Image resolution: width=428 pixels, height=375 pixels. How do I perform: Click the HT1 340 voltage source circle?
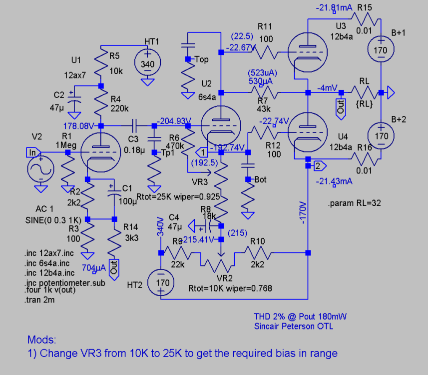147,64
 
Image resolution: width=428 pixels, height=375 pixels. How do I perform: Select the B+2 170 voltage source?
381,135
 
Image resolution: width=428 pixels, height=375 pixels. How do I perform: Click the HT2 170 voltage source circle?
161,282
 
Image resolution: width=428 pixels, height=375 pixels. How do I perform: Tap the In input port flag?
32,151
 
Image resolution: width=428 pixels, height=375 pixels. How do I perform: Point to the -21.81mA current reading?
334,8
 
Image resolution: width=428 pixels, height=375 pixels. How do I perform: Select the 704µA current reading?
94,267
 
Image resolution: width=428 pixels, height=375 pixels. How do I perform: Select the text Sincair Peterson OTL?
293,326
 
